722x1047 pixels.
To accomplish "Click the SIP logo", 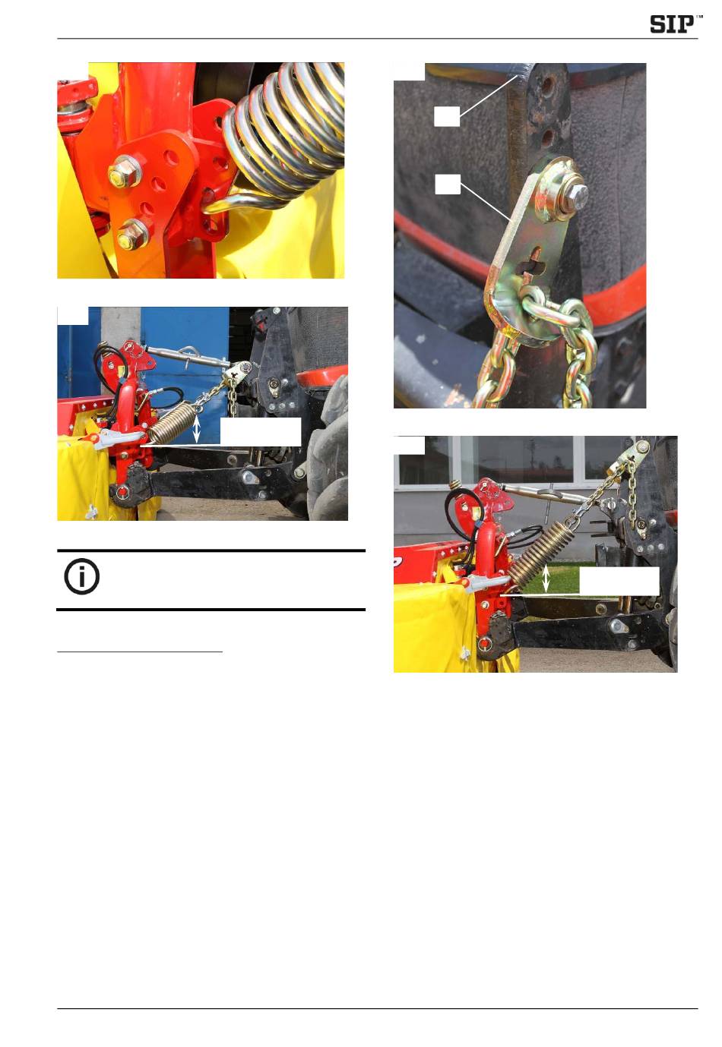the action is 675,24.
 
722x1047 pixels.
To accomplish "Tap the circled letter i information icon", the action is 82,577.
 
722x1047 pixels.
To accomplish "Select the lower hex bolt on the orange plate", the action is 131,235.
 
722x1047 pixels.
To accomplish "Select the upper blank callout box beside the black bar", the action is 446,116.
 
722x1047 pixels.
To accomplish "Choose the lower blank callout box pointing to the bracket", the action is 448,184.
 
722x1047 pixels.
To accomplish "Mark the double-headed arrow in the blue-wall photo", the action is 196,428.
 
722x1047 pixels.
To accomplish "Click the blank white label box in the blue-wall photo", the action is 261,431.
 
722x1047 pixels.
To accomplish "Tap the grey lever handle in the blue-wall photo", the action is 119,440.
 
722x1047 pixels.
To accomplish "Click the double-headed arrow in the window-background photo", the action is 546,579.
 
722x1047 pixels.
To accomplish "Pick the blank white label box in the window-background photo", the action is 619,581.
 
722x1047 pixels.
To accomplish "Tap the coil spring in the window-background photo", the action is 539,553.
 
